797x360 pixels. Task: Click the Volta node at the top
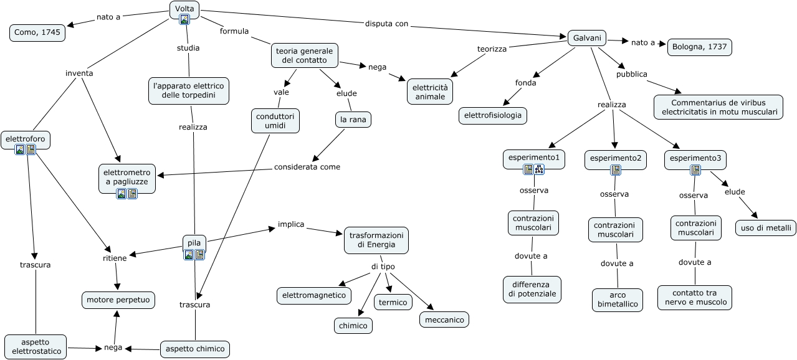click(184, 8)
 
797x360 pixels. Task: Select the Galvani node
click(587, 38)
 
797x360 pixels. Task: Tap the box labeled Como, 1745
click(37, 32)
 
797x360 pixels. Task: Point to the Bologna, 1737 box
click(699, 47)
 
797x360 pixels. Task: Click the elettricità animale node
click(430, 91)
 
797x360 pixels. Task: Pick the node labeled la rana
click(353, 119)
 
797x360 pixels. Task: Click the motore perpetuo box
click(118, 300)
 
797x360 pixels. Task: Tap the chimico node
click(353, 325)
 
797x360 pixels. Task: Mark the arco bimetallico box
click(618, 299)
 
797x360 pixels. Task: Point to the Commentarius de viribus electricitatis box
click(718, 107)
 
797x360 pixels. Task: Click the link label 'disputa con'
click(386, 24)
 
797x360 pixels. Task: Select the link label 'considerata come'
click(307, 167)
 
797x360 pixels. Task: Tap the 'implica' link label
click(291, 224)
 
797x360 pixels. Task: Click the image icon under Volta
click(184, 19)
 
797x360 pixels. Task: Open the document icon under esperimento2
click(615, 170)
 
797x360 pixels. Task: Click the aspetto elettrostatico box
click(36, 346)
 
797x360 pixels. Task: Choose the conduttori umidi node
click(275, 120)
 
